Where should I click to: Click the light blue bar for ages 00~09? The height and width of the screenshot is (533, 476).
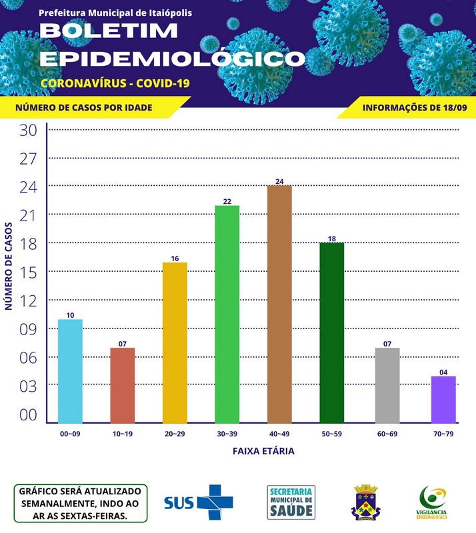(71, 371)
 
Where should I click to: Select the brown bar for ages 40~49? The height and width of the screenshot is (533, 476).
(279, 304)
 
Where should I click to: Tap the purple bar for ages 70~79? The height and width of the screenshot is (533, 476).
(443, 400)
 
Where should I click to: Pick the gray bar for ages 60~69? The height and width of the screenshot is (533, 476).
(387, 385)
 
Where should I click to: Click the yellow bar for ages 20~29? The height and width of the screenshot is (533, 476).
(175, 342)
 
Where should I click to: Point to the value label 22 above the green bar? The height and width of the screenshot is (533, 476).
(227, 201)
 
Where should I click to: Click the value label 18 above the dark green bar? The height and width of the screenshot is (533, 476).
(331, 239)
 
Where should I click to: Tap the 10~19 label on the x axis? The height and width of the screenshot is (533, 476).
(122, 434)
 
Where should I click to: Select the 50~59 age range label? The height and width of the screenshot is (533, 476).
(331, 434)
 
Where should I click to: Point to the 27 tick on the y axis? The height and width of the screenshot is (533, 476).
(28, 159)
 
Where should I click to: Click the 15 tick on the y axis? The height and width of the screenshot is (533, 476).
(28, 272)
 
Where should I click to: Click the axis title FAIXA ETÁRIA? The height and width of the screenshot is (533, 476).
(263, 451)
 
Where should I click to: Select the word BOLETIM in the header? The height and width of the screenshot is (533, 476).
(109, 31)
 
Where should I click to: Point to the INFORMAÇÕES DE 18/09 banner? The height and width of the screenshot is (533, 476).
(414, 107)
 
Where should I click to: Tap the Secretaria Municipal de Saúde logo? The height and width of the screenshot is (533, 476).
(291, 502)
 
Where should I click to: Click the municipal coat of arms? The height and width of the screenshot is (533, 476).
(365, 502)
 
